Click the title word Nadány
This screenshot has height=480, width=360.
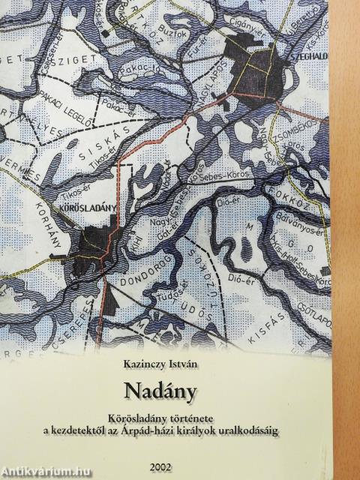(x=167, y=391)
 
